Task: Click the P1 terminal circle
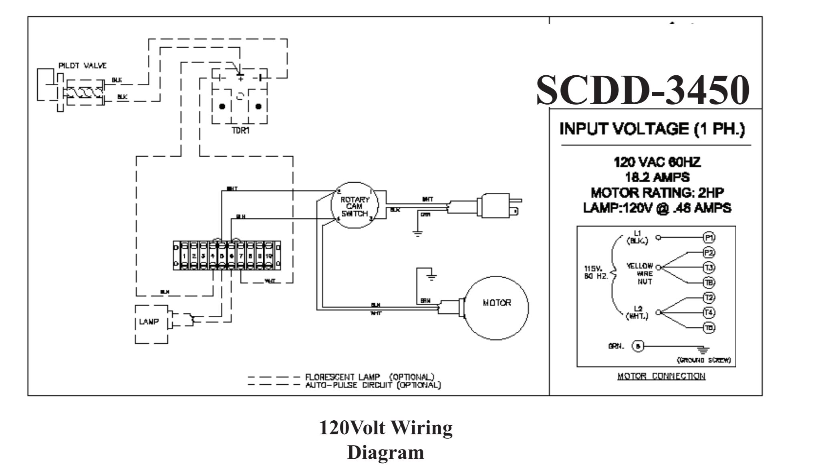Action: [x=709, y=238]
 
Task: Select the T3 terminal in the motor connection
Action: [x=709, y=267]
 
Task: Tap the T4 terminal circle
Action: [x=709, y=312]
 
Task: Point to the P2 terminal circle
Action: [x=709, y=252]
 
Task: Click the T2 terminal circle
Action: [x=709, y=297]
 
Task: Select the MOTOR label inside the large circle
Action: [x=497, y=303]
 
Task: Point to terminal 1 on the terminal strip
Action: [x=184, y=256]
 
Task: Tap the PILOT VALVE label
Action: [x=83, y=66]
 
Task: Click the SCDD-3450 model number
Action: [x=643, y=90]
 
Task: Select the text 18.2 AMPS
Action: [x=657, y=177]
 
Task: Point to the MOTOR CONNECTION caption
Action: [x=661, y=376]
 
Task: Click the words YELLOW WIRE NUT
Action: [x=640, y=274]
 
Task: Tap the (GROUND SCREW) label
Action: [x=703, y=360]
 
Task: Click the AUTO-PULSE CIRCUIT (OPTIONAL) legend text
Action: [x=373, y=385]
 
